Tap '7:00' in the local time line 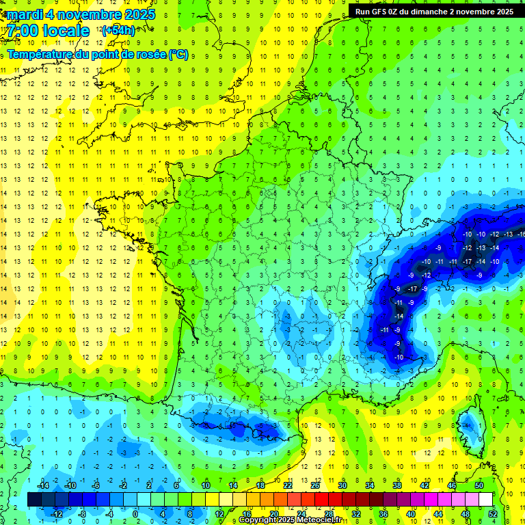pos(23,31)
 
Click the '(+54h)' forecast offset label pos(118,31)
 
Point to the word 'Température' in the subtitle pos(39,54)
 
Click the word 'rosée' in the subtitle pos(149,54)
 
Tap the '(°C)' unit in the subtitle pos(178,54)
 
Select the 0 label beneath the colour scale pos(135,514)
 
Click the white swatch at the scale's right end pos(485,500)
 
